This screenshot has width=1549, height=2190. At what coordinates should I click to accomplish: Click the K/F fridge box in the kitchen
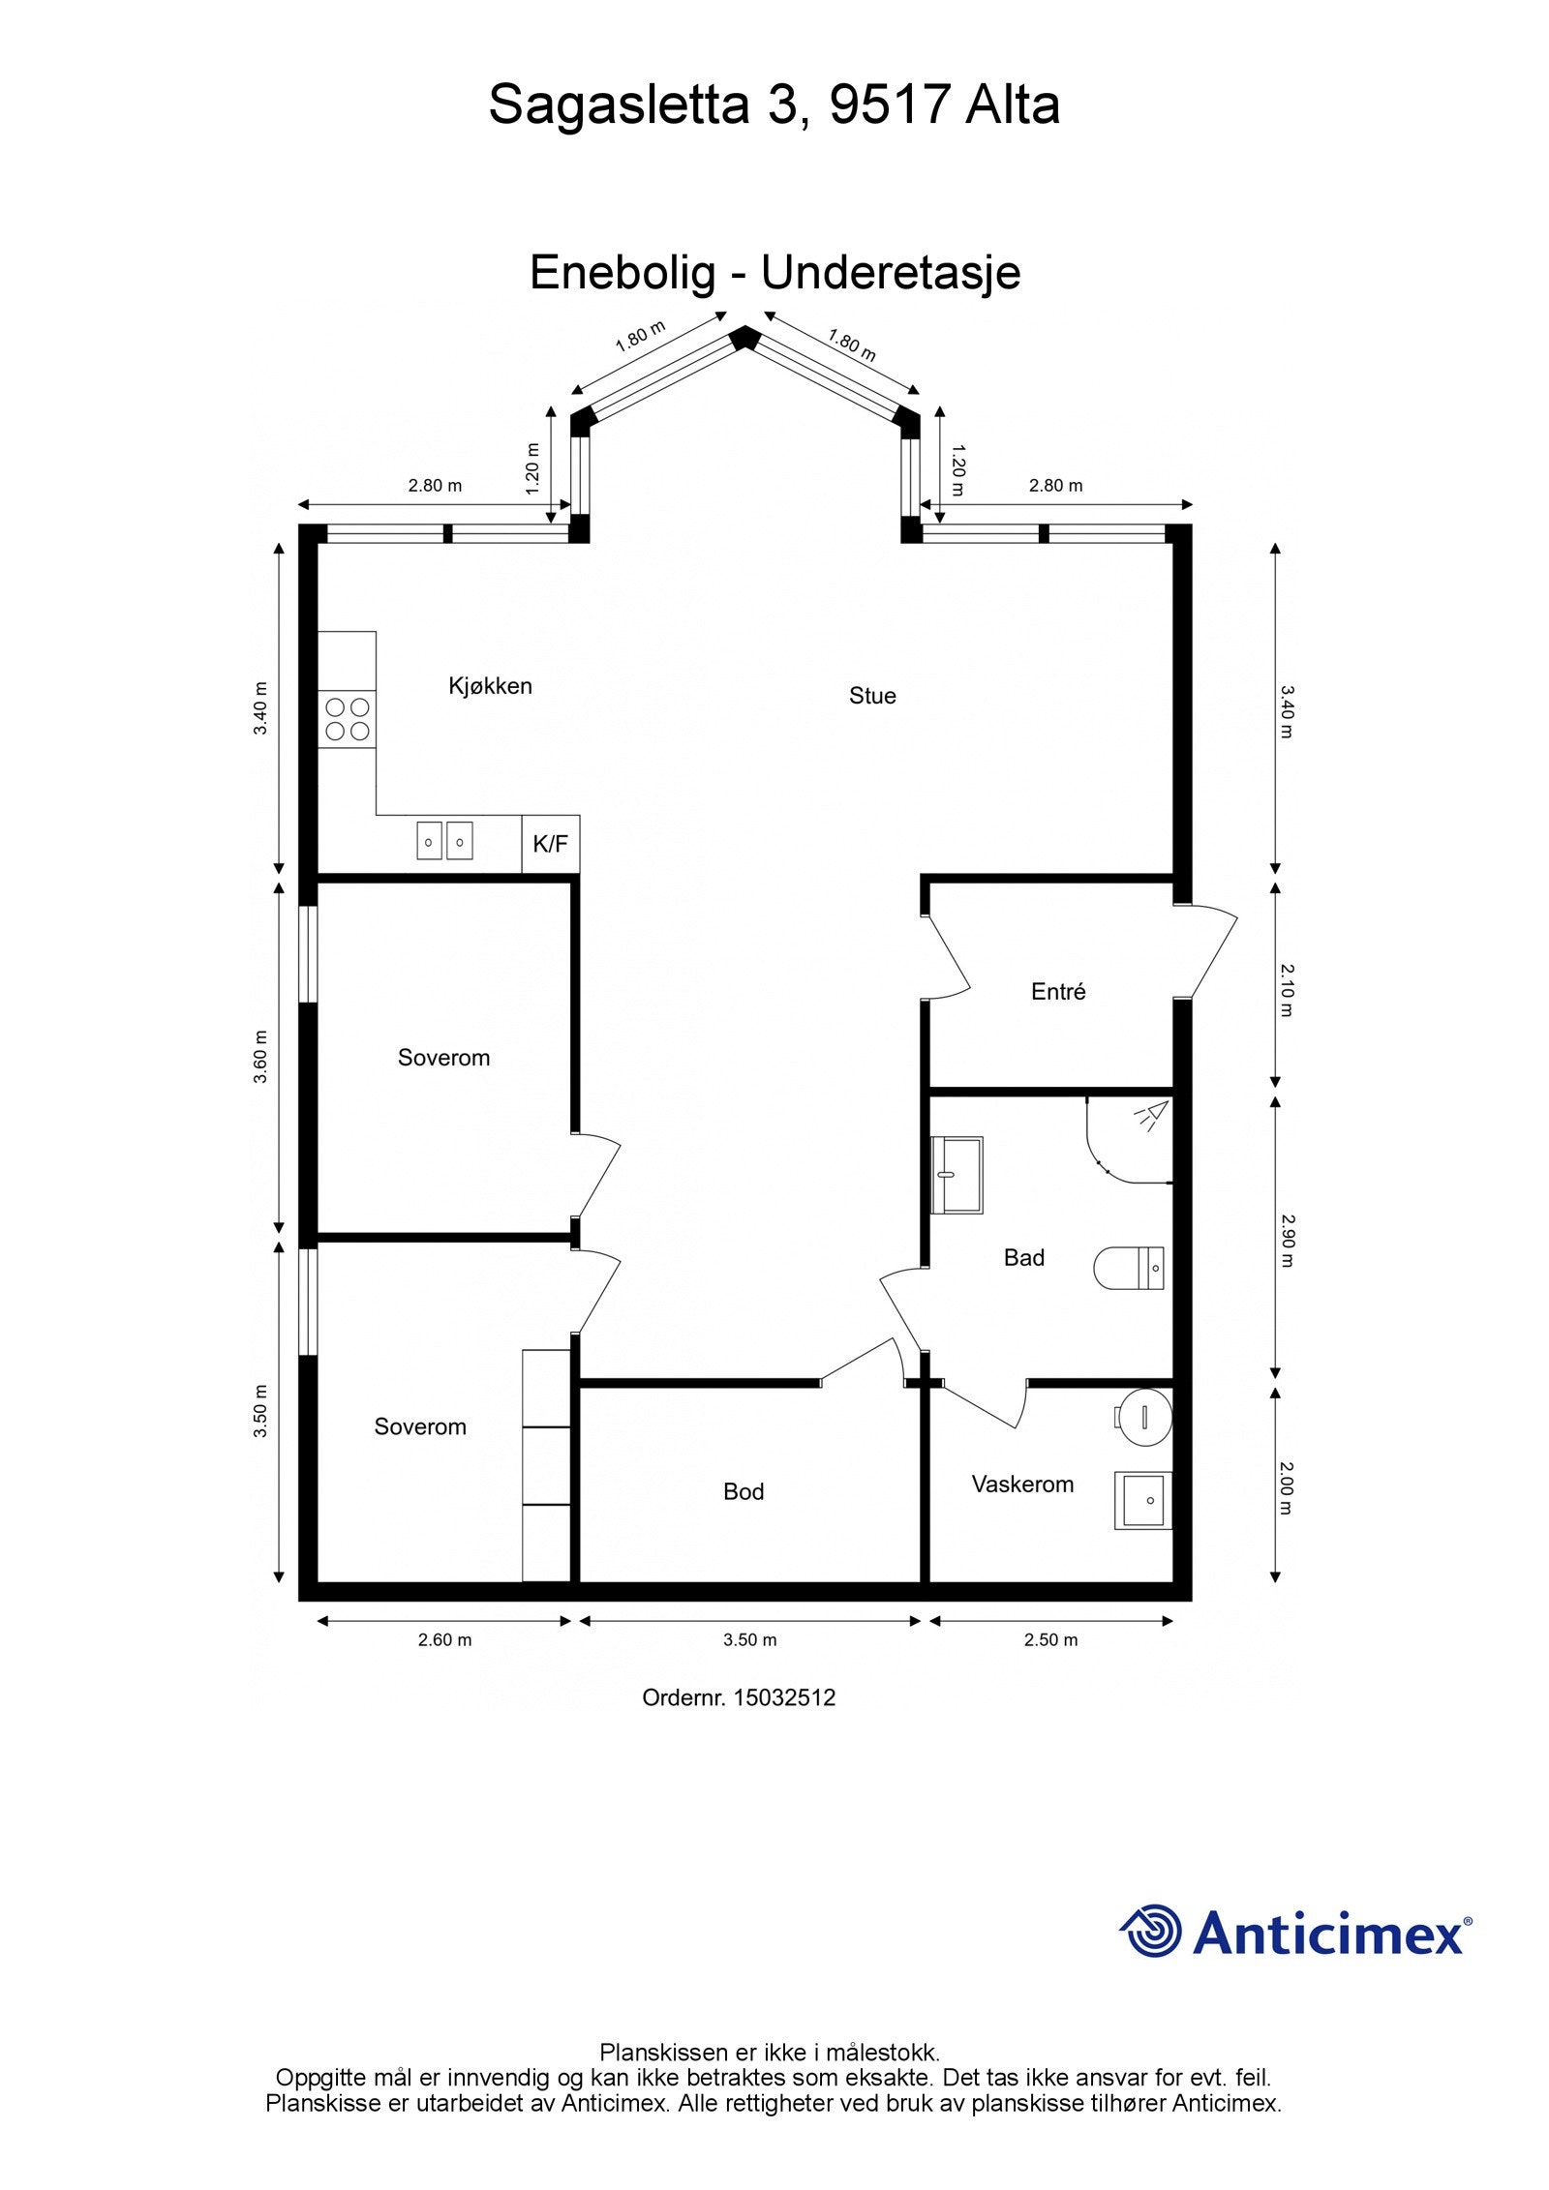click(x=550, y=844)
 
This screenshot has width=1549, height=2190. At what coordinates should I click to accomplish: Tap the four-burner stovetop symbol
click(x=348, y=719)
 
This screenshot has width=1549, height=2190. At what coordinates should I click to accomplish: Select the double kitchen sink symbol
click(x=445, y=840)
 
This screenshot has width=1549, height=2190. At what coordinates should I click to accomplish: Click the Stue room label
click(x=872, y=696)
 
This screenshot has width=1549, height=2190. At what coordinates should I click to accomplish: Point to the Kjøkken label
click(x=490, y=686)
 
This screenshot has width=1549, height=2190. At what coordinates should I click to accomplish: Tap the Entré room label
click(x=1058, y=991)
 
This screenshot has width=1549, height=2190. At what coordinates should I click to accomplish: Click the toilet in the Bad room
click(x=1129, y=1268)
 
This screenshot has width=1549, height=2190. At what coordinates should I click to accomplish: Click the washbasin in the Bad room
click(x=957, y=1175)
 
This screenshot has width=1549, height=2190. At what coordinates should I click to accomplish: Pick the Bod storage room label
click(x=744, y=1491)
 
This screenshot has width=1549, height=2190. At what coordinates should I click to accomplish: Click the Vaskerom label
click(x=1022, y=1484)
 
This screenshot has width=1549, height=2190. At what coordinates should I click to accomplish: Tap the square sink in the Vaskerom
click(x=1143, y=1500)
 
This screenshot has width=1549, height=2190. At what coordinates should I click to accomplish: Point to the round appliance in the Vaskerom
click(x=1143, y=1417)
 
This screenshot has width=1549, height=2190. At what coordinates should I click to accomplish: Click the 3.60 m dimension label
click(x=260, y=1057)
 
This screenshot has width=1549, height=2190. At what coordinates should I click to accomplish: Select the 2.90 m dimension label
click(x=1286, y=1241)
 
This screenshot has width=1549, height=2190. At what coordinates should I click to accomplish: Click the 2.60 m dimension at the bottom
click(x=444, y=1639)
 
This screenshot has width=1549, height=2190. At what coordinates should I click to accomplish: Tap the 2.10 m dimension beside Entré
click(x=1286, y=989)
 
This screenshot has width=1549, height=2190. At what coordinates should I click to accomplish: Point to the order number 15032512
click(x=784, y=1696)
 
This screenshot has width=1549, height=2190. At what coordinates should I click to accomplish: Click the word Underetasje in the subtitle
click(x=891, y=273)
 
